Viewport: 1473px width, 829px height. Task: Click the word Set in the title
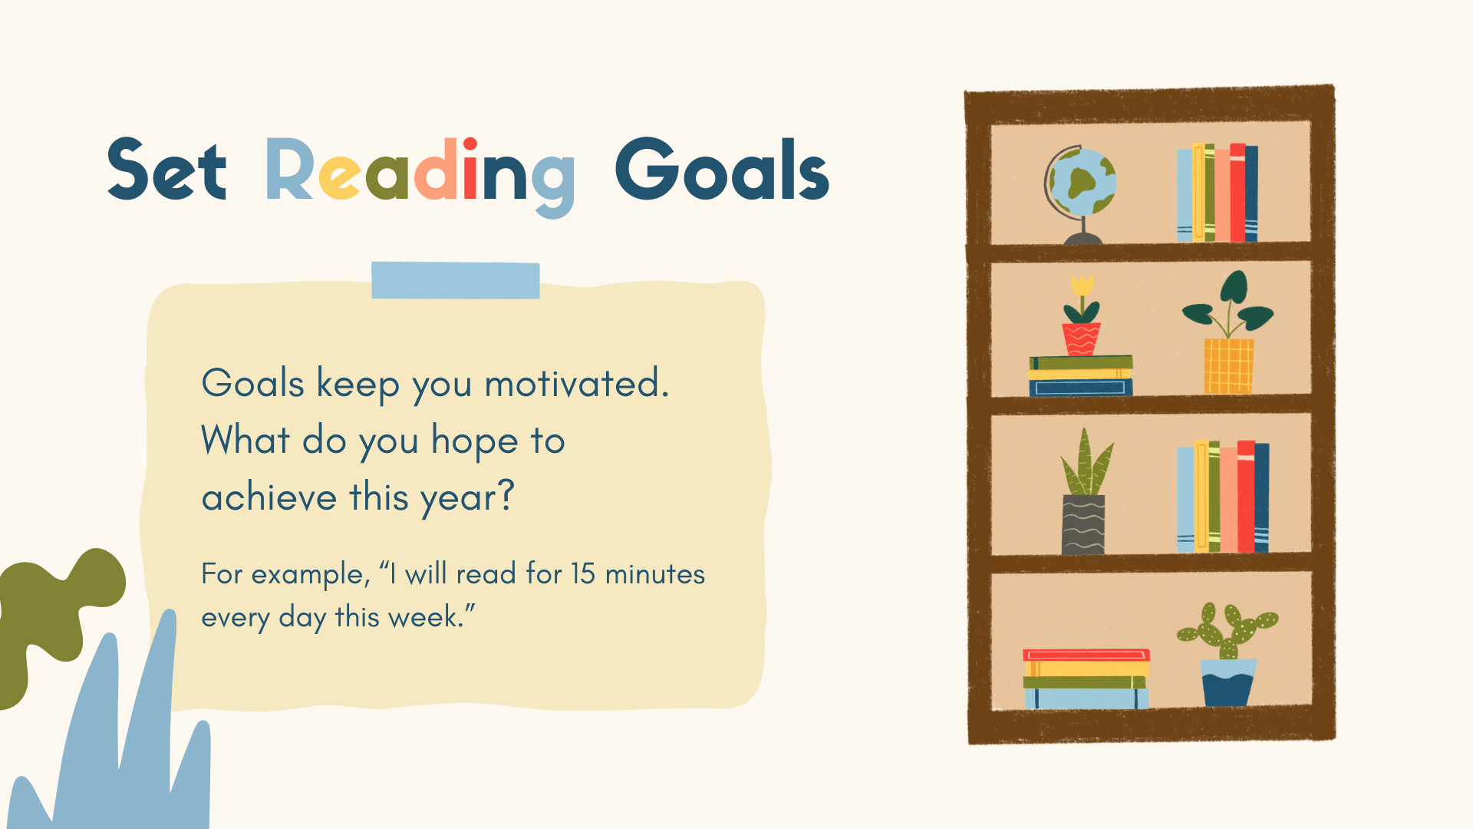coord(167,170)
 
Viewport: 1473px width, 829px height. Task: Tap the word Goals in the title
coord(722,170)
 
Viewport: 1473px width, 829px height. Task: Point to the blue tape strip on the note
coord(456,280)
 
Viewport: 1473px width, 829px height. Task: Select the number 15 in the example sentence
coord(583,574)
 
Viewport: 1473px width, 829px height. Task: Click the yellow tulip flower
coord(1082,286)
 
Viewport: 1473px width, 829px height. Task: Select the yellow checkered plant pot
coord(1229,366)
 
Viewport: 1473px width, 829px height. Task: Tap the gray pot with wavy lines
coord(1083,524)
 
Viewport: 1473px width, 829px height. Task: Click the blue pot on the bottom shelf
coord(1228,682)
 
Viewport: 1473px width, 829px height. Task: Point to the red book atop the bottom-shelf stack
coord(1086,656)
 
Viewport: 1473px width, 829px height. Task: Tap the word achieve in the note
coord(269,497)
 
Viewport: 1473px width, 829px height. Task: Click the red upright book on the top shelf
coord(1237,193)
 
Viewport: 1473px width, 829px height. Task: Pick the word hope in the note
coord(475,441)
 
